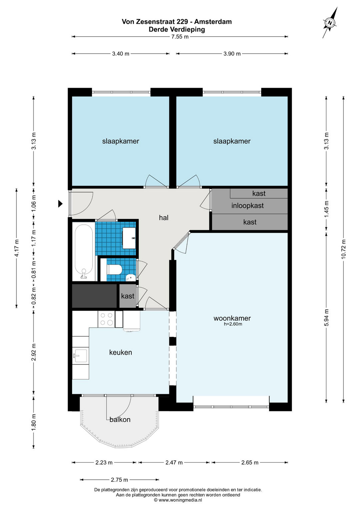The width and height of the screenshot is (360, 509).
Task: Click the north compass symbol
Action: pos(330,23)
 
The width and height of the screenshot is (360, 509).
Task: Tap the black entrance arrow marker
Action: pos(60,204)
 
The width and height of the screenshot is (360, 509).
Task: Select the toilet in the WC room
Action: pos(114,269)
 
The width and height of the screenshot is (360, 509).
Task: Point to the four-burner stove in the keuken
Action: pos(106,319)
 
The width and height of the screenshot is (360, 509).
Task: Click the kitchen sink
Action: pos(80,356)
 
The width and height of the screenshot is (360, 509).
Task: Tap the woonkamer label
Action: pos(232,318)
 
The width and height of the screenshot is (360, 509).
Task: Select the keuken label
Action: pos(120,352)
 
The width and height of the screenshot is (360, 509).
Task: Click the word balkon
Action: pos(120,419)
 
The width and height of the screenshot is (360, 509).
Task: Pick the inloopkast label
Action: pos(247,206)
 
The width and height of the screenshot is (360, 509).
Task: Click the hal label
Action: pos(164,218)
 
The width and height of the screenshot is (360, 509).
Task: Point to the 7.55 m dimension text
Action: pos(180,37)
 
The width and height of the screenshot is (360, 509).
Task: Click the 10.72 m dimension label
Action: pos(343,249)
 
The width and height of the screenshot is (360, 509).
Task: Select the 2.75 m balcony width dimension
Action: pos(120,480)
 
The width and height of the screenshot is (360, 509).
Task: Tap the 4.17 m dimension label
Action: pos(16,248)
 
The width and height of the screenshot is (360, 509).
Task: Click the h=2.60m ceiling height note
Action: pos(233,324)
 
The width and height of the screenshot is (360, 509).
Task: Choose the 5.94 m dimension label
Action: pos(326,317)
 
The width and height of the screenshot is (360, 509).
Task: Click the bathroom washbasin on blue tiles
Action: pos(129,238)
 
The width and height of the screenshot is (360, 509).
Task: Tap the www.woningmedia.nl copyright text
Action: pos(178,500)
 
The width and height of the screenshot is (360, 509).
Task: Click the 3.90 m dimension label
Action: pos(232,54)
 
